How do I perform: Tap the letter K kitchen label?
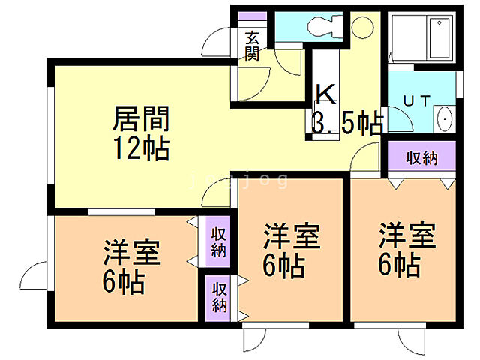[x=325, y=94]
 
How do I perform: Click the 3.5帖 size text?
[x=346, y=123]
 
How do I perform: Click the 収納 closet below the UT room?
[x=421, y=158]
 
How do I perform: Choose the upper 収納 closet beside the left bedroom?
[x=218, y=241]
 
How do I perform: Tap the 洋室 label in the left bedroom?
[x=131, y=253]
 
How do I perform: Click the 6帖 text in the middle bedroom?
[x=282, y=265]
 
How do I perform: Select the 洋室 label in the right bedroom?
[x=406, y=235]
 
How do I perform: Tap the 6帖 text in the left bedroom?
[x=124, y=283]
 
